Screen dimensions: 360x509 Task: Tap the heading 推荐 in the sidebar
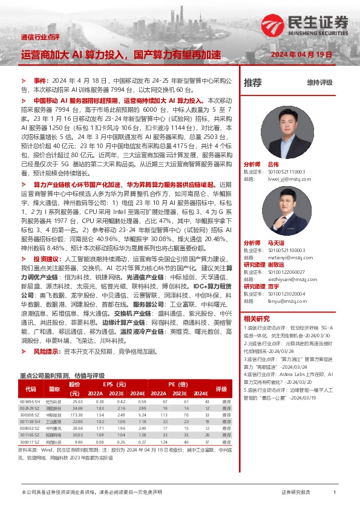point(253,83)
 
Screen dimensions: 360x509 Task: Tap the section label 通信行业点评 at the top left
point(41,36)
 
